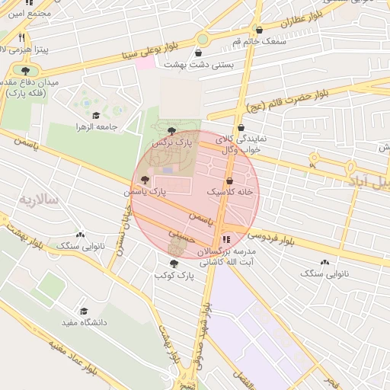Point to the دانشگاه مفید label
pyautogui.click(x=84, y=322)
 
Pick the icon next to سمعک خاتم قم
pyautogui.click(x=260, y=30)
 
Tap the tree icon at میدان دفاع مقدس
pyautogui.click(x=17, y=72)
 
